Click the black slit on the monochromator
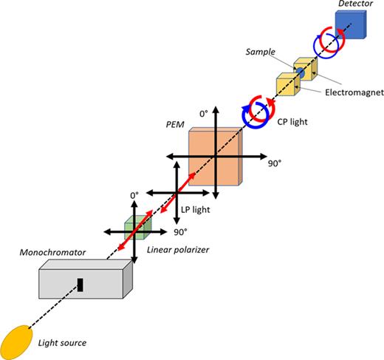tap(79, 284)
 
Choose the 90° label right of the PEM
tap(275, 163)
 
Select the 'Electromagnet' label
tap(348, 93)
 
